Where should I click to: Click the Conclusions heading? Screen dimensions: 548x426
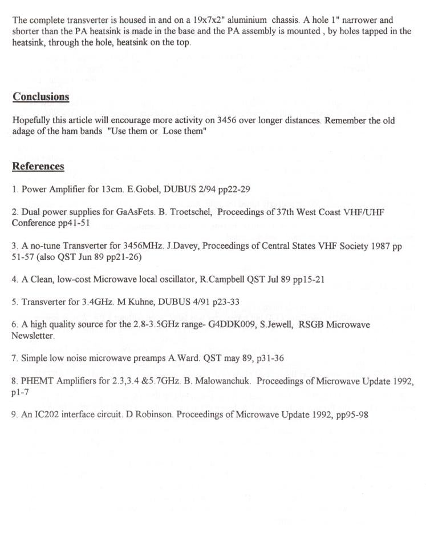[x=41, y=96]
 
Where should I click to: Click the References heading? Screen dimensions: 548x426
[x=38, y=166]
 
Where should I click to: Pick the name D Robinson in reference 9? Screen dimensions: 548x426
[x=147, y=414]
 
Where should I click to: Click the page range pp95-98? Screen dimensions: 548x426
[x=350, y=414]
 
